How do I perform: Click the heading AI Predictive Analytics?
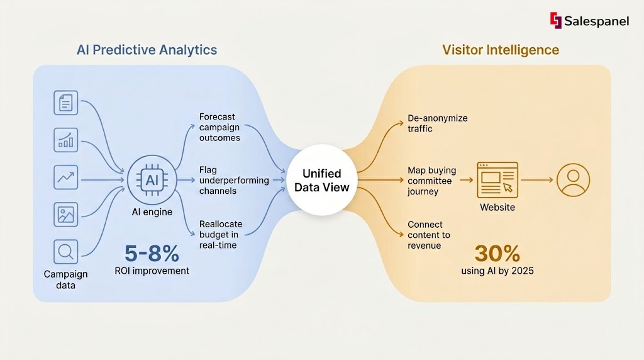click(x=147, y=50)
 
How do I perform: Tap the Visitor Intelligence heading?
click(x=500, y=50)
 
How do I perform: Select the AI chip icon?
click(x=152, y=180)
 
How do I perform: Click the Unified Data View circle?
click(x=321, y=180)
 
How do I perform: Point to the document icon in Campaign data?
click(x=66, y=103)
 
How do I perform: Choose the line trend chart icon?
click(x=66, y=178)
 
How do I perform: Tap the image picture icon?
click(x=66, y=215)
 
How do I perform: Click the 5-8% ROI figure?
click(x=152, y=254)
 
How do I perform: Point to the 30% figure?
click(x=497, y=254)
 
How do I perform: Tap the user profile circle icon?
click(x=572, y=180)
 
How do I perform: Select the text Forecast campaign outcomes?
click(x=219, y=127)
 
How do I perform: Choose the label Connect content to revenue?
click(x=428, y=235)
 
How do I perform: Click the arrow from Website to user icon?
click(x=536, y=180)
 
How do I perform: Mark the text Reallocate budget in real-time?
click(x=221, y=235)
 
